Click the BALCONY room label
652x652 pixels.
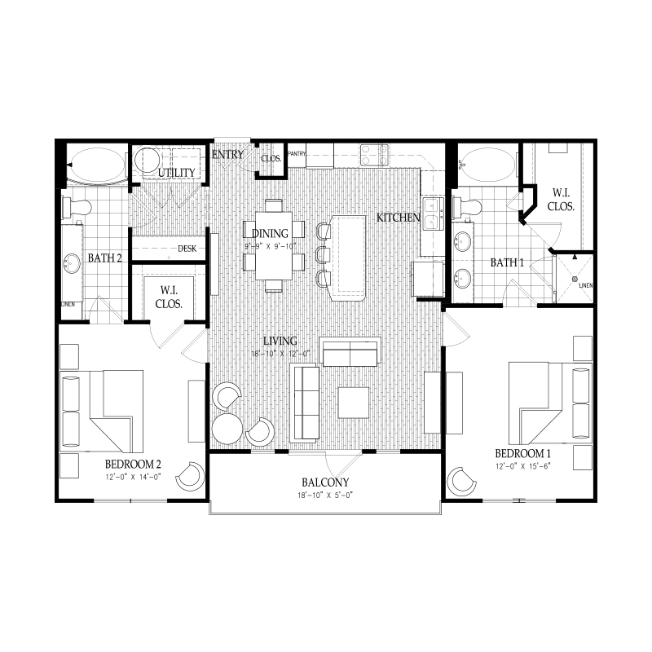[x=325, y=482]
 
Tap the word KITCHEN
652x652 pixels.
[x=399, y=217]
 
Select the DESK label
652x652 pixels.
[x=187, y=249]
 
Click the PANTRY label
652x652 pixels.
[x=297, y=154]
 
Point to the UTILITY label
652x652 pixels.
[x=176, y=172]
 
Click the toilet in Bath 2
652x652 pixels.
[x=77, y=208]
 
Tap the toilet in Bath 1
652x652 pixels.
[x=467, y=206]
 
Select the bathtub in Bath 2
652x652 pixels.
[x=97, y=165]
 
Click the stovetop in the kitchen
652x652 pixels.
[x=374, y=155]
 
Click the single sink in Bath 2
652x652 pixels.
[x=72, y=263]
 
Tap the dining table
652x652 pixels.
[x=274, y=246]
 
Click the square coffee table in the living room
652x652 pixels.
[x=354, y=403]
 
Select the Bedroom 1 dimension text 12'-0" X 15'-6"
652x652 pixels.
[x=522, y=466]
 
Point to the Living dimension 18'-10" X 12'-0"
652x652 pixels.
[x=281, y=354]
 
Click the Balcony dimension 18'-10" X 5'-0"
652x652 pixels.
[x=325, y=496]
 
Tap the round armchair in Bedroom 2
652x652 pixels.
[x=191, y=476]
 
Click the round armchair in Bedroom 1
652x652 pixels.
[x=461, y=482]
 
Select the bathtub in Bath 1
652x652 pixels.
[x=487, y=165]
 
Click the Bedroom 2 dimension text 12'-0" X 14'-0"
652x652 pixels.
[x=133, y=477]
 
